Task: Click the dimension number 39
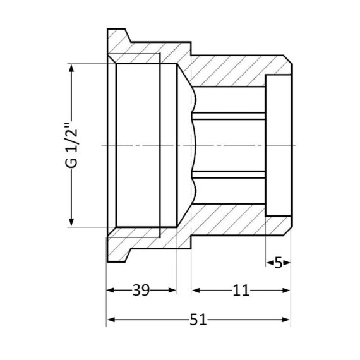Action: click(x=140, y=291)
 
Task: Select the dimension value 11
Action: click(x=241, y=291)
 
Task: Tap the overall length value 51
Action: click(x=198, y=320)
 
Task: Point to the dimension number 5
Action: click(x=279, y=262)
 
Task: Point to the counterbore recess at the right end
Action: click(x=278, y=145)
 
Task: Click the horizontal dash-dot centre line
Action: click(x=227, y=145)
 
